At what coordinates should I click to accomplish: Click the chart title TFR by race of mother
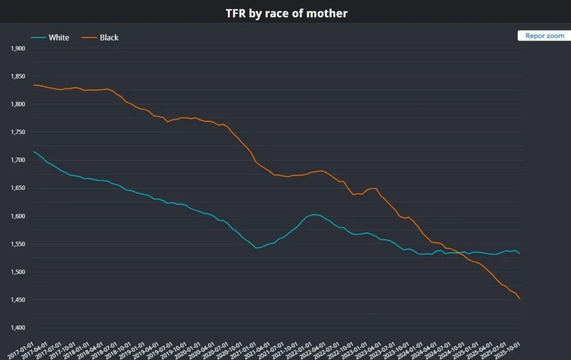pyautogui.click(x=286, y=13)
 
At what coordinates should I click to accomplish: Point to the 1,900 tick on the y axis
pyautogui.click(x=18, y=48)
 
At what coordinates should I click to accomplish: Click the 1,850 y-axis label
pyautogui.click(x=18, y=76)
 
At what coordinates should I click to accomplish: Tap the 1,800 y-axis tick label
pyautogui.click(x=18, y=104)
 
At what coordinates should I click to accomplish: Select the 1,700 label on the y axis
pyautogui.click(x=18, y=160)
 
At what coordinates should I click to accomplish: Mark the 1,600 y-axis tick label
pyautogui.click(x=18, y=216)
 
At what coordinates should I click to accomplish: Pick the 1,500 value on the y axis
pyautogui.click(x=18, y=272)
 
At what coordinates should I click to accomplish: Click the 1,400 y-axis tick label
pyautogui.click(x=18, y=328)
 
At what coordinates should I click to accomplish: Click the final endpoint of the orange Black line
pyautogui.click(x=520, y=299)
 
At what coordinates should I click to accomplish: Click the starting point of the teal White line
pyautogui.click(x=33, y=151)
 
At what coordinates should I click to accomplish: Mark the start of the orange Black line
pyautogui.click(x=33, y=84)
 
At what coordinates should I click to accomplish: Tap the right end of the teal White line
pyautogui.click(x=520, y=253)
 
